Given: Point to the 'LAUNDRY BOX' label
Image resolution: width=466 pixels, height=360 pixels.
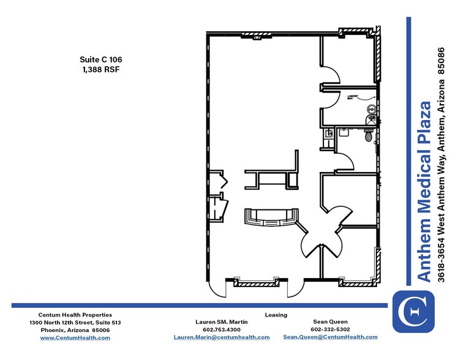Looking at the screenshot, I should tap(353, 97).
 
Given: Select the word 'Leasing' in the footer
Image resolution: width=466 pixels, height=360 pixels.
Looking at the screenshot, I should tap(276, 315).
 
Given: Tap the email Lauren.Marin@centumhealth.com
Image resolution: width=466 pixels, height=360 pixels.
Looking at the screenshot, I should tap(222, 337).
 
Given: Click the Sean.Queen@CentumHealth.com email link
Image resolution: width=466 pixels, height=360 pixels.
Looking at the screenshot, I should tap(330, 337).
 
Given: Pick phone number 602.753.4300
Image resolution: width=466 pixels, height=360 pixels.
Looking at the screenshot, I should tap(222, 329).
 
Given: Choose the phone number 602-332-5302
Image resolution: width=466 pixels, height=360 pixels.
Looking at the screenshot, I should tap(330, 329).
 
